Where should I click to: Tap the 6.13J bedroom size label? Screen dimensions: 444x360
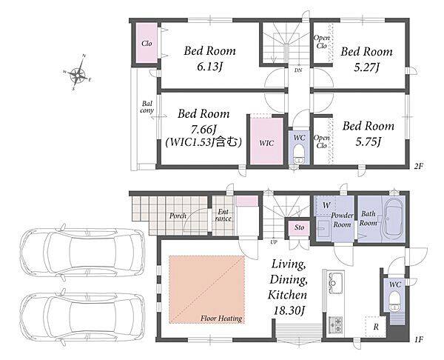tap(209, 67)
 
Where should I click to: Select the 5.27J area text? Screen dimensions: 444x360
tap(367, 67)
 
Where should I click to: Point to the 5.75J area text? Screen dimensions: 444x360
tap(368, 141)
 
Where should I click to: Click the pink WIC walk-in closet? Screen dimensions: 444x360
tap(266, 141)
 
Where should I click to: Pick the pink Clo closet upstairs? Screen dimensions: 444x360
tap(147, 43)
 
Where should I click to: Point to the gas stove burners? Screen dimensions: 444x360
tap(336, 325)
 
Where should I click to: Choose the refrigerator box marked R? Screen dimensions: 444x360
tap(375, 326)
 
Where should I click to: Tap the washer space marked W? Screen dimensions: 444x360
tap(326, 205)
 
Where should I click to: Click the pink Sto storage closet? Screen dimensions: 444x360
tap(299, 227)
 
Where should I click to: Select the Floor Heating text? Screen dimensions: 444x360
tap(221, 319)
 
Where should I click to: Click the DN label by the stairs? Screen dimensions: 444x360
tap(298, 70)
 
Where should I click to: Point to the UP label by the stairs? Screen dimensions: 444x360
tap(274, 242)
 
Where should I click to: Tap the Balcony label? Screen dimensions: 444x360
tap(147, 107)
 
